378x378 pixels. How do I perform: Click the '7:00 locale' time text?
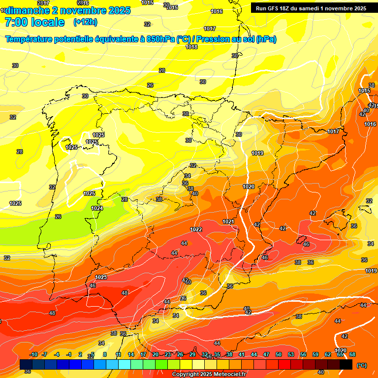(34, 22)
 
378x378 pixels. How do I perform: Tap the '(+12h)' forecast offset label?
(85, 22)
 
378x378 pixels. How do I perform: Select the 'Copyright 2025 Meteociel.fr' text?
(209, 375)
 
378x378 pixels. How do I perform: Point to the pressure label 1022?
(196, 230)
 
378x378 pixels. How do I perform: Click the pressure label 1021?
(228, 222)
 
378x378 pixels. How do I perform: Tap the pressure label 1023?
(101, 277)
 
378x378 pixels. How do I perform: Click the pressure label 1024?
(97, 208)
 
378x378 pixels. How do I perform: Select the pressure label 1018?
(191, 47)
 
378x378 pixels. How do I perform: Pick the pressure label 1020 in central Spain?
(249, 187)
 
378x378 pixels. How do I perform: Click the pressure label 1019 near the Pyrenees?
(257, 153)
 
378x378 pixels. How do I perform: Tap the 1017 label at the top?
(210, 29)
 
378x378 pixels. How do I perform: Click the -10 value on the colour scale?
(33, 354)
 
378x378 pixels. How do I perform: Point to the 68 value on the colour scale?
(352, 354)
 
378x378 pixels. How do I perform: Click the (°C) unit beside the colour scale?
(361, 365)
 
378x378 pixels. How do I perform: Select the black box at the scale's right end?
(346, 364)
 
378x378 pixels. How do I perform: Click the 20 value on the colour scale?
(156, 354)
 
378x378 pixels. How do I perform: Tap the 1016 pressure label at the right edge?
(370, 125)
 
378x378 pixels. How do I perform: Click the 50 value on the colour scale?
(279, 354)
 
